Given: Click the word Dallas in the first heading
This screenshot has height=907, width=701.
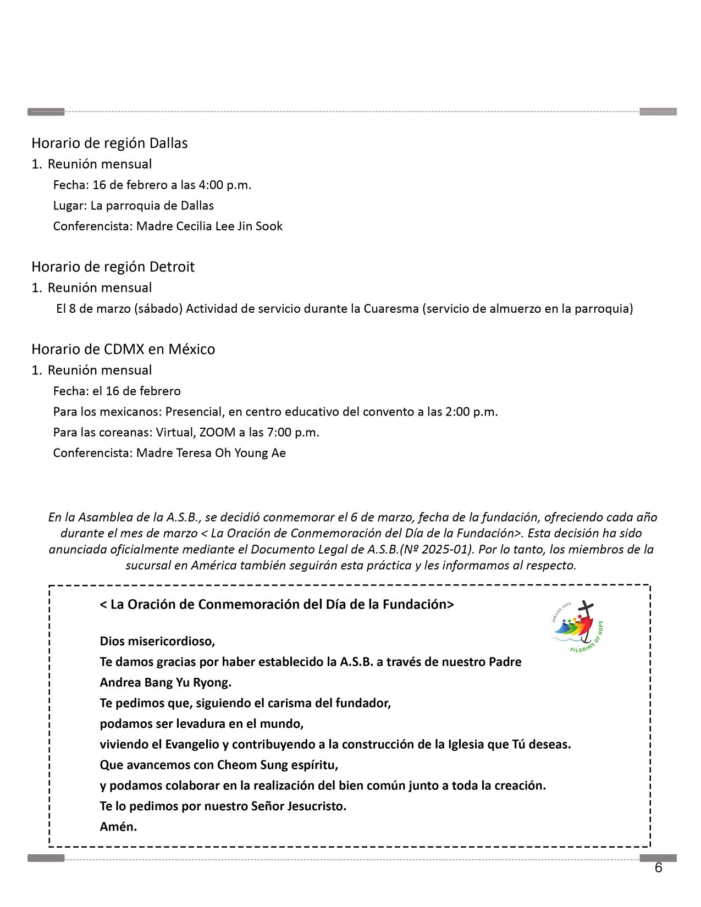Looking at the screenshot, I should click(169, 143).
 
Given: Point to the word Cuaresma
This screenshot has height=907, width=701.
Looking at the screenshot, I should click(391, 308).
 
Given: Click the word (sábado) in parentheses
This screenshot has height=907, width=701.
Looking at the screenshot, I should click(158, 308).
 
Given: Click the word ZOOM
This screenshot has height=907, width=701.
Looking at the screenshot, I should click(217, 432).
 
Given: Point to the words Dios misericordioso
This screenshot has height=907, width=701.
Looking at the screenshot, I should click(157, 641).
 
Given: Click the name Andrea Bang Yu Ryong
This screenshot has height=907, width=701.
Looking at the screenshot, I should click(165, 682).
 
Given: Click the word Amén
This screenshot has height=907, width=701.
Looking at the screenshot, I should click(118, 826).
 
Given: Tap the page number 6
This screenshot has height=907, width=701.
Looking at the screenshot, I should click(658, 868).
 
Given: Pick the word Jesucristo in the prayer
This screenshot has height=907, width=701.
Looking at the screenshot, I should click(316, 806).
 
